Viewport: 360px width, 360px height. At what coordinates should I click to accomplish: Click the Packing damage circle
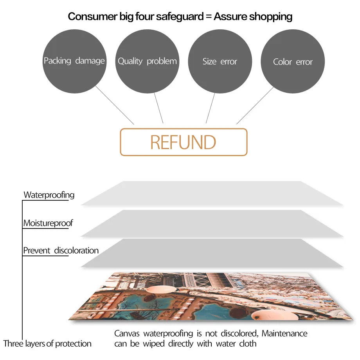(74, 61)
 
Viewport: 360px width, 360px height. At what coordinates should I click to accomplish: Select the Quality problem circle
(147, 61)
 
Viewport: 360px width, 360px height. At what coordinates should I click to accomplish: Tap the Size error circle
(220, 61)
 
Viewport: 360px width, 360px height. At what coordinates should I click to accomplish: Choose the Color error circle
(293, 61)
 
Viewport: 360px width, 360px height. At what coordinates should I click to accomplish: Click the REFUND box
(183, 142)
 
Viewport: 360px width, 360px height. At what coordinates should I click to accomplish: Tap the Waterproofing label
(49, 195)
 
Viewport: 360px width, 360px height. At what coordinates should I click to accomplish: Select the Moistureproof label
(48, 223)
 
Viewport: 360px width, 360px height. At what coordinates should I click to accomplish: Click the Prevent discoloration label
(61, 250)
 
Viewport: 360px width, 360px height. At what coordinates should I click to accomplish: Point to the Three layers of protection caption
(47, 344)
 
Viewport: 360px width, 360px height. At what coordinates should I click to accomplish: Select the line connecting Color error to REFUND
(255, 106)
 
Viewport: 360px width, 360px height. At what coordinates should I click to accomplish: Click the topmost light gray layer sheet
(211, 193)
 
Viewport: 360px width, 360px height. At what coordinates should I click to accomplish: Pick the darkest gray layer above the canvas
(211, 254)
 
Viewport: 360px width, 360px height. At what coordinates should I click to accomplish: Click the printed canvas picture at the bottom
(211, 295)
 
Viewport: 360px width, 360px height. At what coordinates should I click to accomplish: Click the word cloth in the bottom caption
(247, 344)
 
